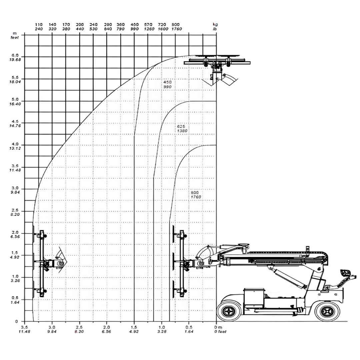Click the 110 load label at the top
tap(39, 25)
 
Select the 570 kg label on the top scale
tap(148, 25)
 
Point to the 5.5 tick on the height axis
tap(15, 77)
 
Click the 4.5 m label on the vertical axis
tap(15, 122)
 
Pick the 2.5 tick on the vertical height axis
tap(15, 211)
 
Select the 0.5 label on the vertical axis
tap(15, 298)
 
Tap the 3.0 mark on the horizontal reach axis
tap(52, 327)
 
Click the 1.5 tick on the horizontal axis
tap(134, 327)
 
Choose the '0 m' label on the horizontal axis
tap(218, 327)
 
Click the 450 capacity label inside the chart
tap(167, 82)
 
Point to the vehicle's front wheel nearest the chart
tap(229, 311)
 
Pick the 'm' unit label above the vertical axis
tap(15, 33)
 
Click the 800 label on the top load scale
tap(176, 25)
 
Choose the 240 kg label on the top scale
tap(94, 25)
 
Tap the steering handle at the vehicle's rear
tap(347, 277)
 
